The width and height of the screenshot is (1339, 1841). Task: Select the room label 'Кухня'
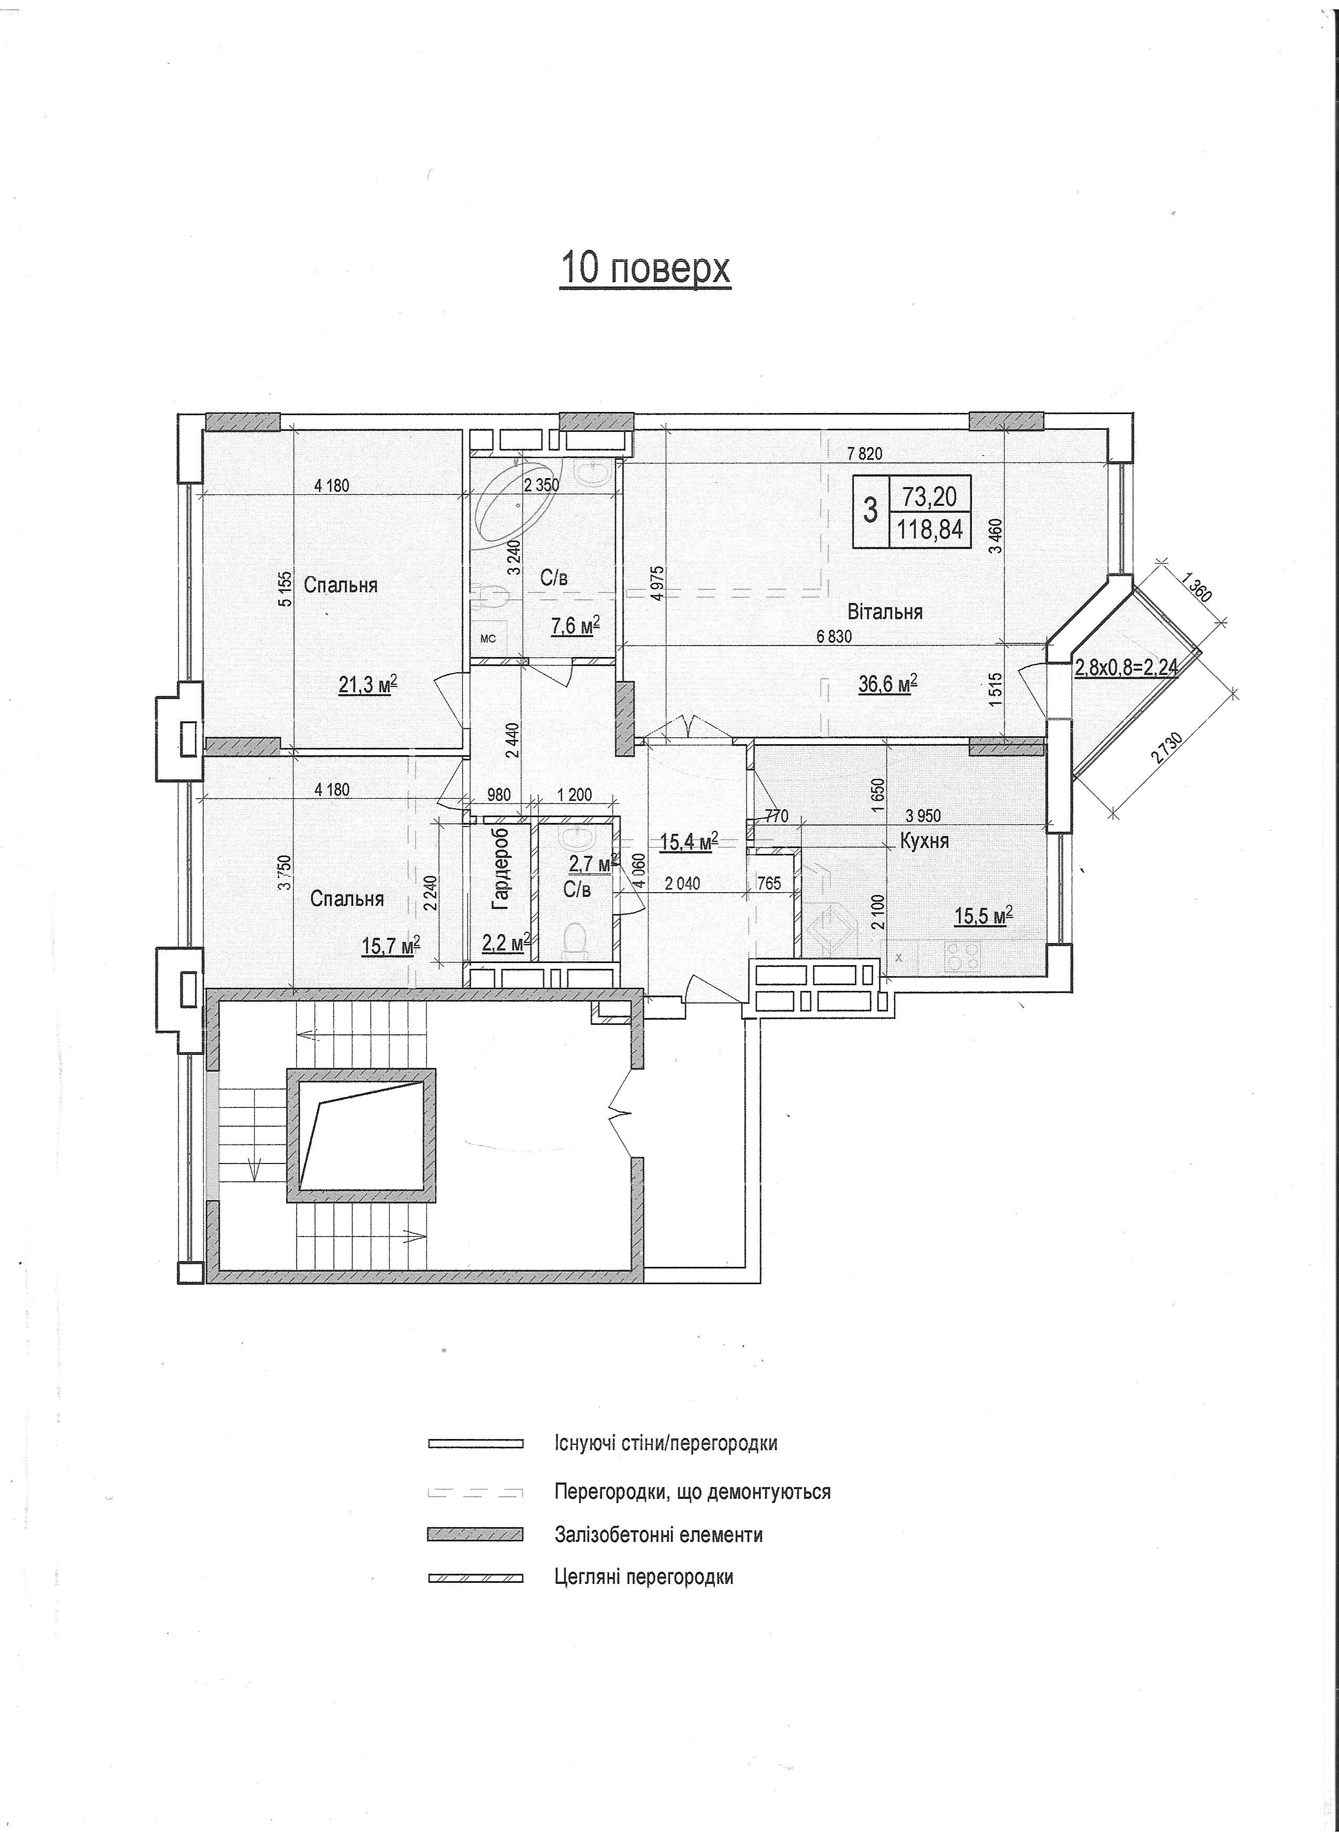(x=925, y=841)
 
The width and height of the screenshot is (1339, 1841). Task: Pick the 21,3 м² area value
(x=367, y=686)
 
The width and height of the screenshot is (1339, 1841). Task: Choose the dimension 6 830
(x=834, y=637)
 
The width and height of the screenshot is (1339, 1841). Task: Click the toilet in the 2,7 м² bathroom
(x=575, y=941)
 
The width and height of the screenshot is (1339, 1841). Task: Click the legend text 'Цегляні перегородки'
(x=644, y=1577)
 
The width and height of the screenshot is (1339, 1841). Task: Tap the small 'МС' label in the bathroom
(x=488, y=639)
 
